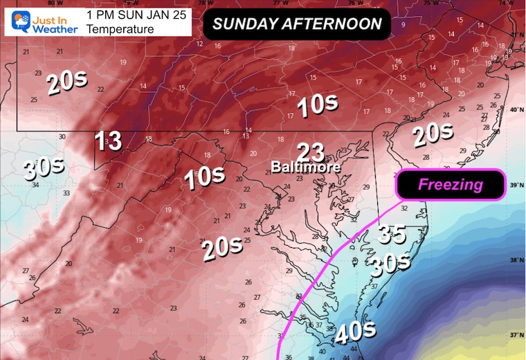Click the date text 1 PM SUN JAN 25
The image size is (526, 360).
click(137, 15)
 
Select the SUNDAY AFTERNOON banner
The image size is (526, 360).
click(297, 24)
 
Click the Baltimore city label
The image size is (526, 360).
click(305, 167)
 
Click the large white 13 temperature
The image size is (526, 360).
click(108, 141)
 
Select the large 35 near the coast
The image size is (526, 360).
click(392, 235)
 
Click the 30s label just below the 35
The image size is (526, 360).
click(388, 263)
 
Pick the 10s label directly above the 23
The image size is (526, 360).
click(318, 105)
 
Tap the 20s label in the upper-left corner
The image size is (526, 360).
click(67, 83)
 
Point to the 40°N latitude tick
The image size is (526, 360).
click(515, 109)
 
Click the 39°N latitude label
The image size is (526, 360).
click(515, 186)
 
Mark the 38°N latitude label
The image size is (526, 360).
click(515, 261)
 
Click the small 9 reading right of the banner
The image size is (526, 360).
click(403, 25)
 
